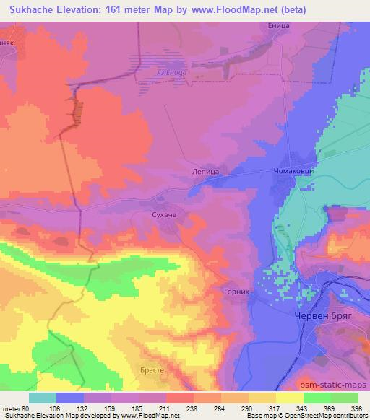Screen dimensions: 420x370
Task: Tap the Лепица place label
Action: pos(205,172)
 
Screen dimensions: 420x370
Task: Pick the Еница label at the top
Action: pos(279,26)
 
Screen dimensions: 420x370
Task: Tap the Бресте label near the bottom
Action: pos(151,370)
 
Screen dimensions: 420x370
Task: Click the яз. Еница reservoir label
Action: pos(171,72)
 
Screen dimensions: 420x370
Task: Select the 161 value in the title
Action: pos(121,11)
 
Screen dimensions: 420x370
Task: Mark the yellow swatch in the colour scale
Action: pos(289,398)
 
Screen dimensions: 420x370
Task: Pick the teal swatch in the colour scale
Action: pos(43,398)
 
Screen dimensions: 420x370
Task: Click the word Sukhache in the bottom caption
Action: pos(21,416)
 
